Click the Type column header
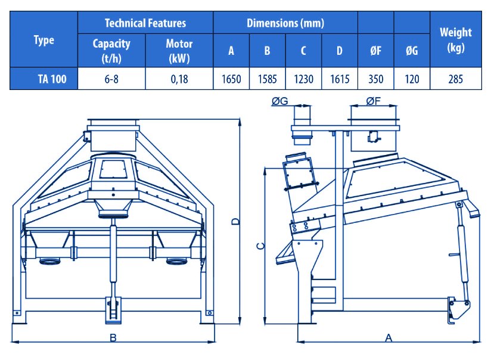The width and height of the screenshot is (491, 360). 44,40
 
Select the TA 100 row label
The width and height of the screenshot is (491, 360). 52,79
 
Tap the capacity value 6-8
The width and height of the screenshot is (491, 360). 111,79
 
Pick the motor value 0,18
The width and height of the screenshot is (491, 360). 179,79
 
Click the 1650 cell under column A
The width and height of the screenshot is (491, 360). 231,79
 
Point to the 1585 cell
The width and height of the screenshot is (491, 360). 267,79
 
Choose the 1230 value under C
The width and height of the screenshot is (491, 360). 303,79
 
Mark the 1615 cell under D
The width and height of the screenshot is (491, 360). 340,79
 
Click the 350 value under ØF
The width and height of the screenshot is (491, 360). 376,79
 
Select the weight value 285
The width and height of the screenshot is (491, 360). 456,79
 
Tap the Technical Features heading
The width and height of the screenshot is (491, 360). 145,23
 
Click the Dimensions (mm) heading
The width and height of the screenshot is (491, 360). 285,23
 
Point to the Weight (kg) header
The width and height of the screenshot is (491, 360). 456,40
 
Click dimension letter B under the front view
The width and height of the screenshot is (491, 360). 113,338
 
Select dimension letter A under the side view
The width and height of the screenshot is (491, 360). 389,338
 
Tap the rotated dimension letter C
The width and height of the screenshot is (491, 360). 260,246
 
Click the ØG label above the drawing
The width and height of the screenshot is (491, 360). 279,101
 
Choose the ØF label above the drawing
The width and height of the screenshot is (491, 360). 373,101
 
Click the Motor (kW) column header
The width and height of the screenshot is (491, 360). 179,51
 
